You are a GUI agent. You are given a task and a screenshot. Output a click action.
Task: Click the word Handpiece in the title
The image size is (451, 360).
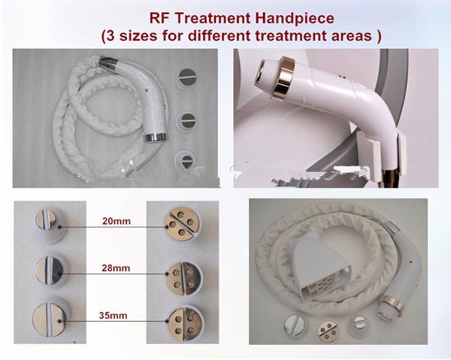[294, 19]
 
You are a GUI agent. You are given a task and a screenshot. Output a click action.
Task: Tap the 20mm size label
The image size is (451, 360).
[117, 221]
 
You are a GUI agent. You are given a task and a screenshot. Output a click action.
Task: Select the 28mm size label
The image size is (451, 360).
[116, 268]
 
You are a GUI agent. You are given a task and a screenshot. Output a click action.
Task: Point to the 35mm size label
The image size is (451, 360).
[113, 316]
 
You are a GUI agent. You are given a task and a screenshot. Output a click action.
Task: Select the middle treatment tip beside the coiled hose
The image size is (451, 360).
[186, 121]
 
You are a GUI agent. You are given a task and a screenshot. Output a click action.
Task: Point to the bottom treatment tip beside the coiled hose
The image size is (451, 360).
[186, 160]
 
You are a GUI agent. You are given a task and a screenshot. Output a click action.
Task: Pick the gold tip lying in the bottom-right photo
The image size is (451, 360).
[329, 331]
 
